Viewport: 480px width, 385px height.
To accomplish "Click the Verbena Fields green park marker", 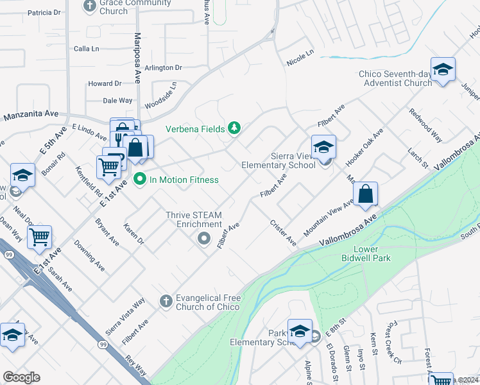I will pyautogui.click(x=234, y=128).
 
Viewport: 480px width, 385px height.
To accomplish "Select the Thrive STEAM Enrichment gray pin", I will pyautogui.click(x=204, y=239).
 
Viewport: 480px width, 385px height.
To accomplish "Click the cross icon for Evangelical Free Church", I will pyautogui.click(x=165, y=301).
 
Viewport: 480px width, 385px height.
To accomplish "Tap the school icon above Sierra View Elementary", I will pyautogui.click(x=324, y=147).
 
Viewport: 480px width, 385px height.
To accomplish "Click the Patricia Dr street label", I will pyautogui.click(x=44, y=12).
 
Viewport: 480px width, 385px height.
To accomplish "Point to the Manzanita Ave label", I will pyautogui.click(x=31, y=116).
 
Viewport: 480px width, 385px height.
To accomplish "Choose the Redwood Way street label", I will pyautogui.click(x=426, y=124).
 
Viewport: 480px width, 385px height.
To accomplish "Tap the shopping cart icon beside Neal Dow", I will pyautogui.click(x=40, y=237).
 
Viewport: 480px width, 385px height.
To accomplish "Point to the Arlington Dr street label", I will pyautogui.click(x=164, y=67).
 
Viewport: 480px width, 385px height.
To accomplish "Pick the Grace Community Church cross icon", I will pyautogui.click(x=90, y=5).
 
